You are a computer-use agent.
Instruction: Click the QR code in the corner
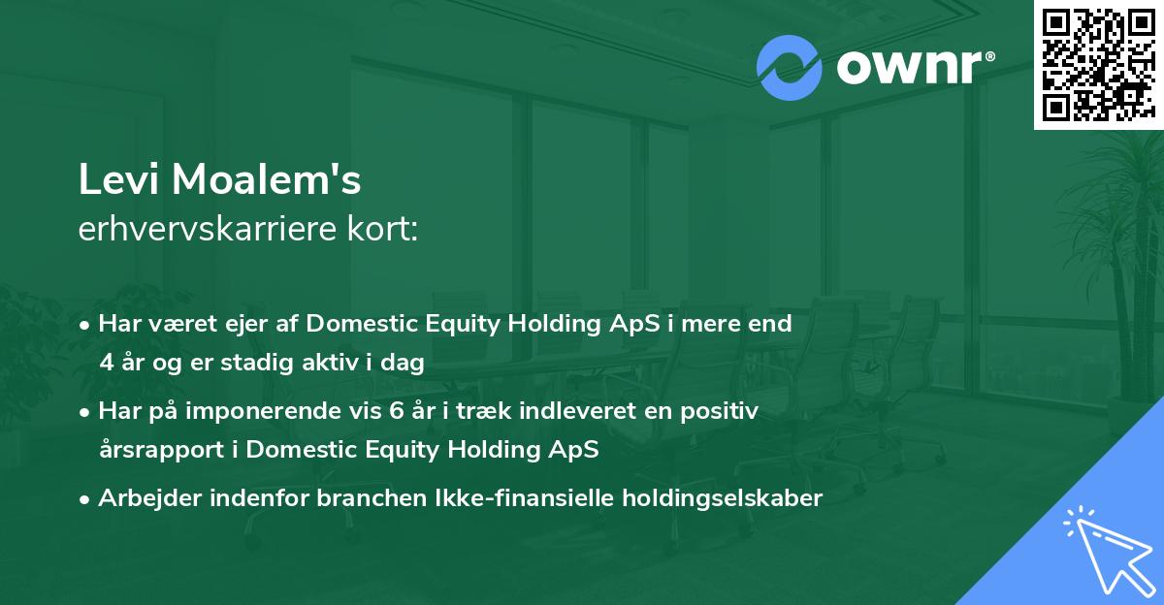click(1098, 64)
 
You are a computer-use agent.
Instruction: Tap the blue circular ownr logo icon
click(789, 68)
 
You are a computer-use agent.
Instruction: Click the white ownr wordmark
click(909, 67)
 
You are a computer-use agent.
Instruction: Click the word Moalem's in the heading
click(266, 179)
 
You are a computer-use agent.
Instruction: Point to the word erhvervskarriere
click(208, 229)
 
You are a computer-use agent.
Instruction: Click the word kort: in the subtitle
click(382, 229)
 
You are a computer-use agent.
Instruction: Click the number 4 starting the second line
click(107, 363)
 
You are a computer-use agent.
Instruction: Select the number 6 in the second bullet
click(396, 411)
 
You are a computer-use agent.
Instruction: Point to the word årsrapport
click(162, 450)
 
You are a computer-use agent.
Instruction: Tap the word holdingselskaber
click(723, 499)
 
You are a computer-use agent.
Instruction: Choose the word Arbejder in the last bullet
click(149, 499)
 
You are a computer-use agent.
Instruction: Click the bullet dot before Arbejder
click(84, 499)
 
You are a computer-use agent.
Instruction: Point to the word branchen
click(372, 497)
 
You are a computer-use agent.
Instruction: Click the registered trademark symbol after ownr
click(989, 56)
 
